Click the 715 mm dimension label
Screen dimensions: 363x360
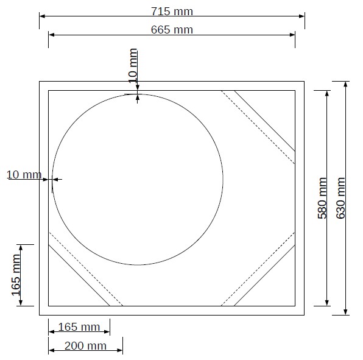(172, 12)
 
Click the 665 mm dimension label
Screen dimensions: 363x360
(172, 30)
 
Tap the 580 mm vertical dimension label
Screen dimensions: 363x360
(322, 198)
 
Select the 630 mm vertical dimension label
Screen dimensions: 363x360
(340, 198)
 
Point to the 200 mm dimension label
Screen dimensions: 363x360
(85, 346)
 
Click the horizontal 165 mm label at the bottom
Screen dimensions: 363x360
(79, 327)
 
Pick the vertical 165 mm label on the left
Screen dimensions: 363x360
(16, 275)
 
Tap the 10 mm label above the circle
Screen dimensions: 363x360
(133, 66)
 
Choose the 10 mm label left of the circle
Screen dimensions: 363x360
(24, 175)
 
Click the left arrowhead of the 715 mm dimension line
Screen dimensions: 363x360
(42, 16)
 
